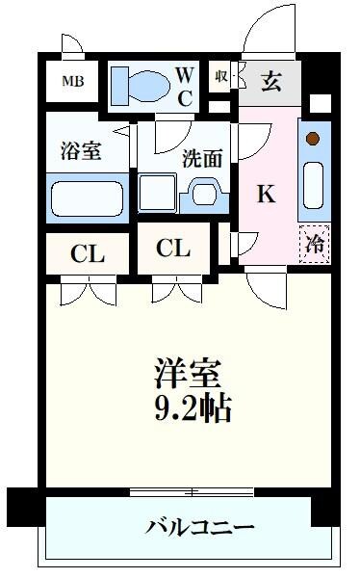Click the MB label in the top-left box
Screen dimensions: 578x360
(73, 81)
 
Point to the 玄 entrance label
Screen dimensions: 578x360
(271, 82)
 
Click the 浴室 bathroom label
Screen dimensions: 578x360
(81, 151)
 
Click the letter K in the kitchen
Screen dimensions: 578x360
(266, 194)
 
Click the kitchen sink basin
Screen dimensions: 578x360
(313, 185)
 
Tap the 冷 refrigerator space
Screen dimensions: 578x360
(314, 244)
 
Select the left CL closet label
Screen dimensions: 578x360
(88, 255)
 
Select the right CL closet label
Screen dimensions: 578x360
(173, 249)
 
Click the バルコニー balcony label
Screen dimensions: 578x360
(200, 528)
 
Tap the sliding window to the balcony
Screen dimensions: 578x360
(193, 492)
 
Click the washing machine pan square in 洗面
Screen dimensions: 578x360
(157, 193)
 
